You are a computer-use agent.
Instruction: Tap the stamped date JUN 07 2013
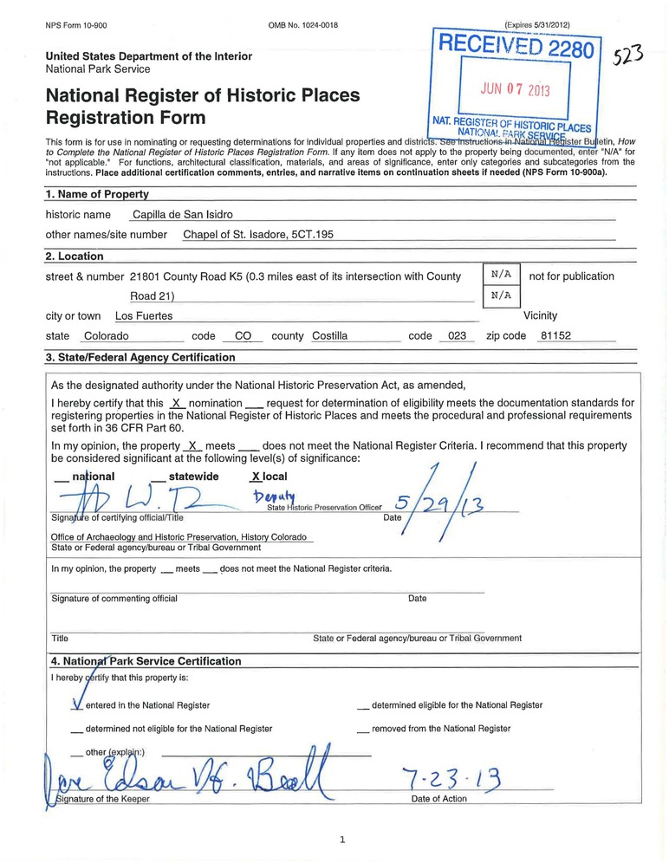point(516,90)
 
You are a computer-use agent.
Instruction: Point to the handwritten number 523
point(627,56)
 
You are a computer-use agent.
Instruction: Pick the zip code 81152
point(555,335)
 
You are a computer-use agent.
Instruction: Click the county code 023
point(452,335)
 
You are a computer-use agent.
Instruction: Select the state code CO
point(243,335)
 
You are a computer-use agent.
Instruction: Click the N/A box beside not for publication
point(501,275)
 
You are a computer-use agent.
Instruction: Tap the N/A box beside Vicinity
point(501,295)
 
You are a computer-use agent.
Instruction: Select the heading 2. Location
point(75,256)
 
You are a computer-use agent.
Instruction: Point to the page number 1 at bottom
point(342,839)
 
